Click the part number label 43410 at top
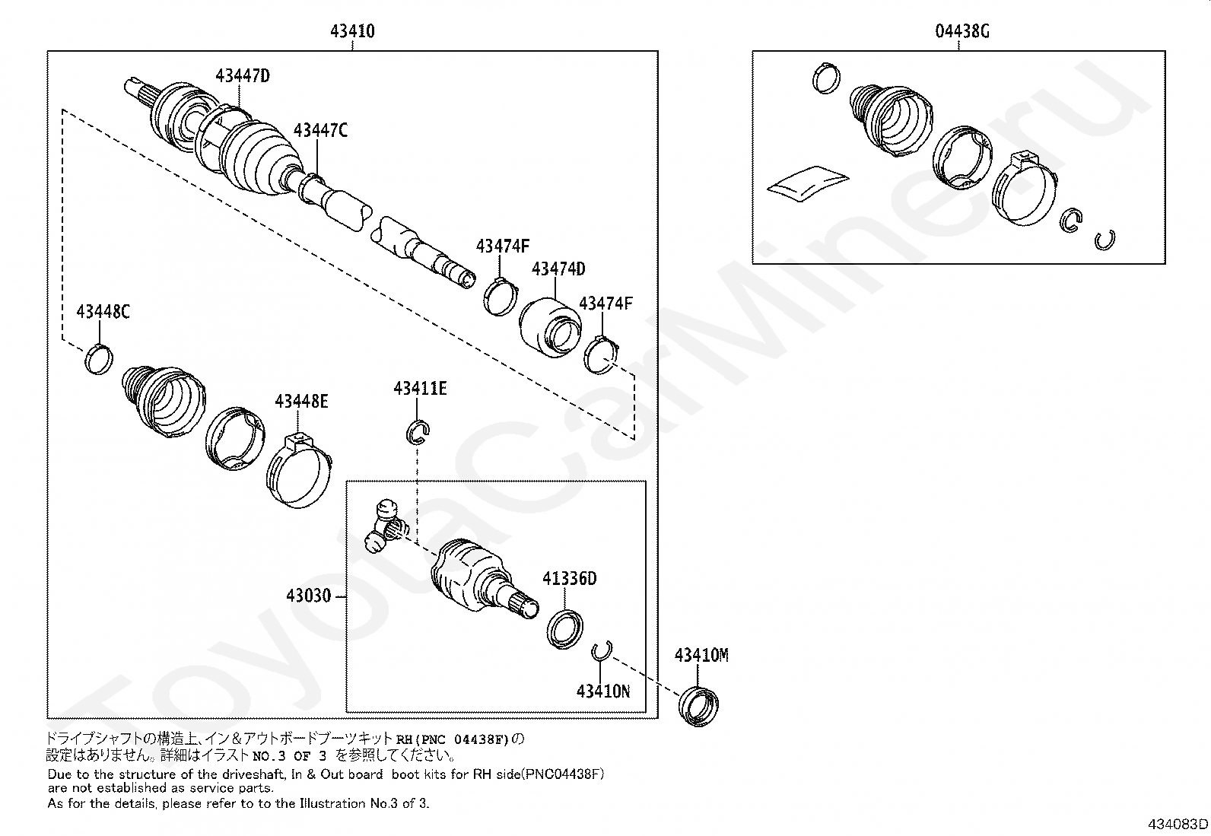click(352, 32)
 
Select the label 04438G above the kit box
click(962, 32)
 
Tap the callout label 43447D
click(243, 75)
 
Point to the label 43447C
click(320, 131)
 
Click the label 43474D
click(558, 269)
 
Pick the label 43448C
click(103, 312)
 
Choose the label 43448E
click(301, 401)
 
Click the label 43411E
click(420, 389)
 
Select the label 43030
click(309, 596)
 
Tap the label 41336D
click(569, 579)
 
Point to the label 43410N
click(603, 691)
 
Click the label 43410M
click(701, 656)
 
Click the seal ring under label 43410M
click(700, 705)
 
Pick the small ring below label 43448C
click(99, 359)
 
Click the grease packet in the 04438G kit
click(806, 182)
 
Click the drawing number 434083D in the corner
click(1178, 825)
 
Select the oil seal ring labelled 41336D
click(564, 628)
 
